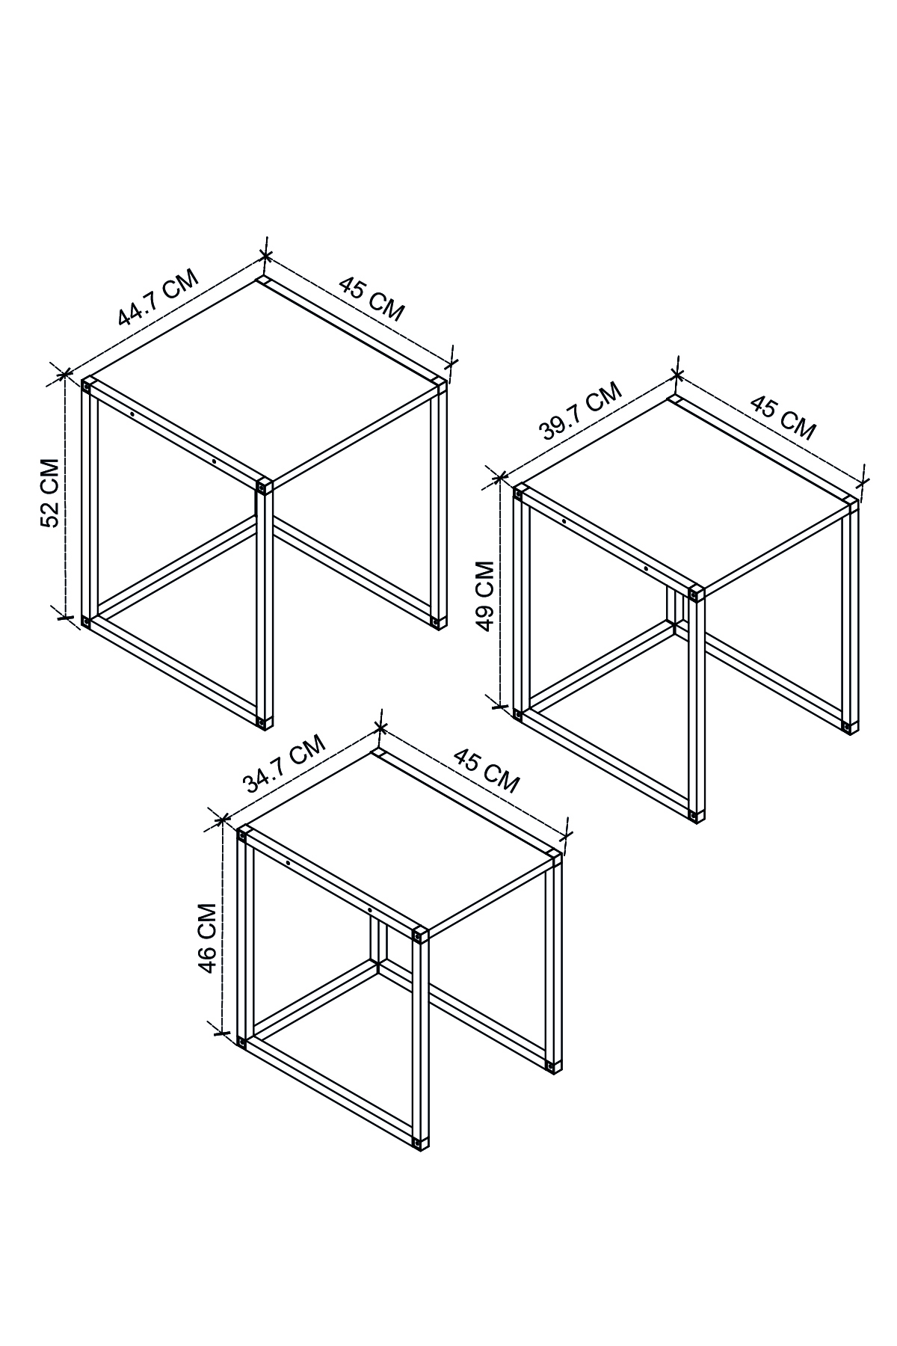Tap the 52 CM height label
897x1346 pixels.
50,493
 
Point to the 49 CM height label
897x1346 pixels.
485,596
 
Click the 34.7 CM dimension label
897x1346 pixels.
285,763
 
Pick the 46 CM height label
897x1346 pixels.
207,938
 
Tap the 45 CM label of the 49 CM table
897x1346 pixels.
783,417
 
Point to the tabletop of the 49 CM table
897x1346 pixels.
686,494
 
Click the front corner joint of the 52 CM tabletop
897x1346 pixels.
263,487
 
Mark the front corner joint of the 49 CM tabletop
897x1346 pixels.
696,593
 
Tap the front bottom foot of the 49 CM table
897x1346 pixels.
695,815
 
